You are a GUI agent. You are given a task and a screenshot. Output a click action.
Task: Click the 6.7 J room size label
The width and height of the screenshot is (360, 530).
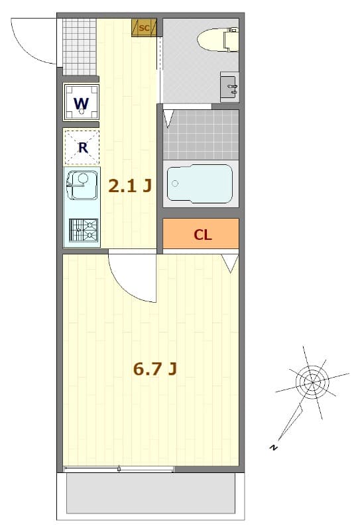(154, 369)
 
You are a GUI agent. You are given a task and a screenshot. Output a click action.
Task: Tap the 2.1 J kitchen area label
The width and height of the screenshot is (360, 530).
(130, 186)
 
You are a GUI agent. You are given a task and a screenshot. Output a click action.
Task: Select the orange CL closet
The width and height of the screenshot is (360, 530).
(202, 234)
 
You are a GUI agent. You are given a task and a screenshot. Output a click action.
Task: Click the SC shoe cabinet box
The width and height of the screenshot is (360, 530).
(144, 27)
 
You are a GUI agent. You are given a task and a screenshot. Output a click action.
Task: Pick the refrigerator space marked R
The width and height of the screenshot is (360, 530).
(82, 147)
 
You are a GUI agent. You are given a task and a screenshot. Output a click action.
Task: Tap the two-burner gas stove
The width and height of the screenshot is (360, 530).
(83, 231)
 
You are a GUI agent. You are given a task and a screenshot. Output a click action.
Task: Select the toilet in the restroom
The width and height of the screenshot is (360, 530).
(217, 39)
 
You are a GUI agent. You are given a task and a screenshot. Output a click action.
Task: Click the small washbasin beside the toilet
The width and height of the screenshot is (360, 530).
(229, 86)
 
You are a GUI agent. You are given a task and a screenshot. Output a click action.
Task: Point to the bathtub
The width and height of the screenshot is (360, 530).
(200, 184)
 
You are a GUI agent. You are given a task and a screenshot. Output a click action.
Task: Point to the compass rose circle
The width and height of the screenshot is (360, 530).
(312, 382)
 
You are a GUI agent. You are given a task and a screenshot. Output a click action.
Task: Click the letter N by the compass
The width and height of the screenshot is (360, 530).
(273, 449)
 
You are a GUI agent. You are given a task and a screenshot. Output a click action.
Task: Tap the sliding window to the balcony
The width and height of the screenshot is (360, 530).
(119, 470)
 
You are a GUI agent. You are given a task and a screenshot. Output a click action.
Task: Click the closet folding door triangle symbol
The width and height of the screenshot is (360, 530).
(230, 262)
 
